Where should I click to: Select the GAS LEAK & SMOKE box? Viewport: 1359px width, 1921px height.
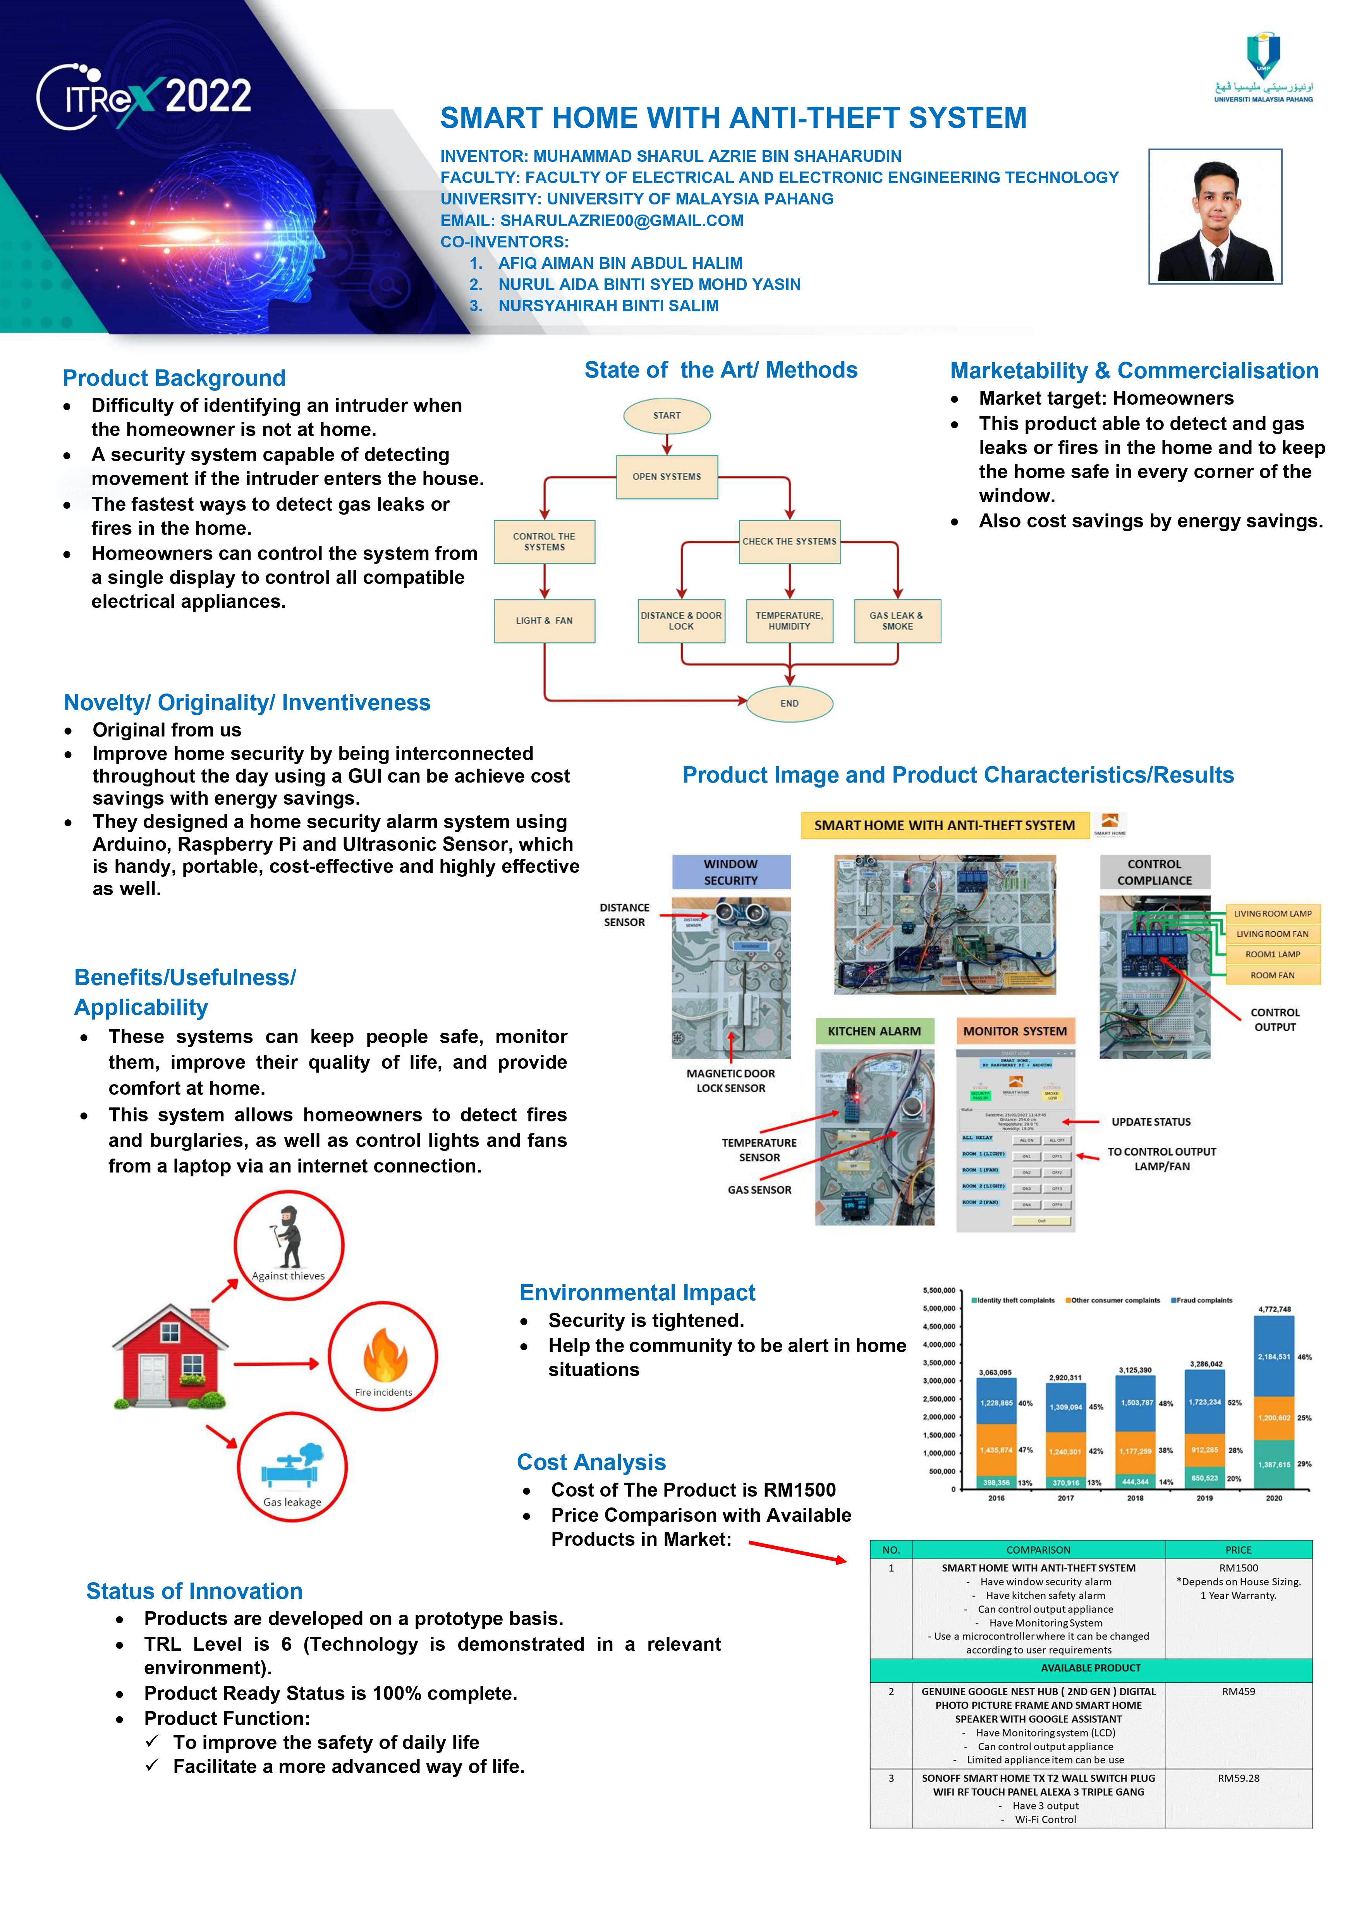click(897, 621)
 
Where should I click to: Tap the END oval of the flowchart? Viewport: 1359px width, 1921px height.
click(789, 704)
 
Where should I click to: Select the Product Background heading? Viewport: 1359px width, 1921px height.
click(174, 378)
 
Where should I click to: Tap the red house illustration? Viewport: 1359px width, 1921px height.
click(170, 1355)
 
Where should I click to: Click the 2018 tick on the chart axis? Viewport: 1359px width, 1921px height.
click(1135, 1498)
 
